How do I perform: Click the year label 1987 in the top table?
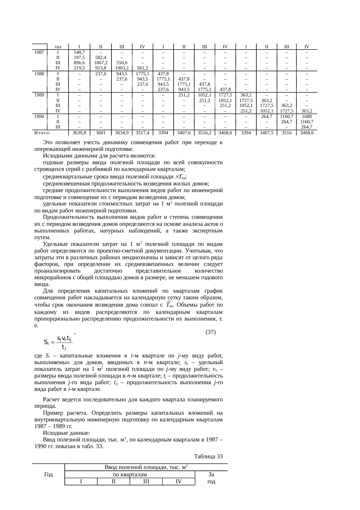[x=39, y=52]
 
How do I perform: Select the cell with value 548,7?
[x=79, y=52]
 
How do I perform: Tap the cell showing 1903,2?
[x=122, y=68]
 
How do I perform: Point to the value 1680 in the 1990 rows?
[x=307, y=116]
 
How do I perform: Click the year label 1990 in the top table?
[x=39, y=116]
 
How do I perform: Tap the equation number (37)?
[x=210, y=332]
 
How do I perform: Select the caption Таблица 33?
[x=208, y=457]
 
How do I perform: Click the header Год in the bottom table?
[x=48, y=475]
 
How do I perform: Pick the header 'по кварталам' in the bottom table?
[x=130, y=475]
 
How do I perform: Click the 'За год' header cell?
[x=211, y=478]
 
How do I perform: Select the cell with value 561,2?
[x=143, y=68]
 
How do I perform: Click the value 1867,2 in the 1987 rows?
[x=101, y=63]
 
